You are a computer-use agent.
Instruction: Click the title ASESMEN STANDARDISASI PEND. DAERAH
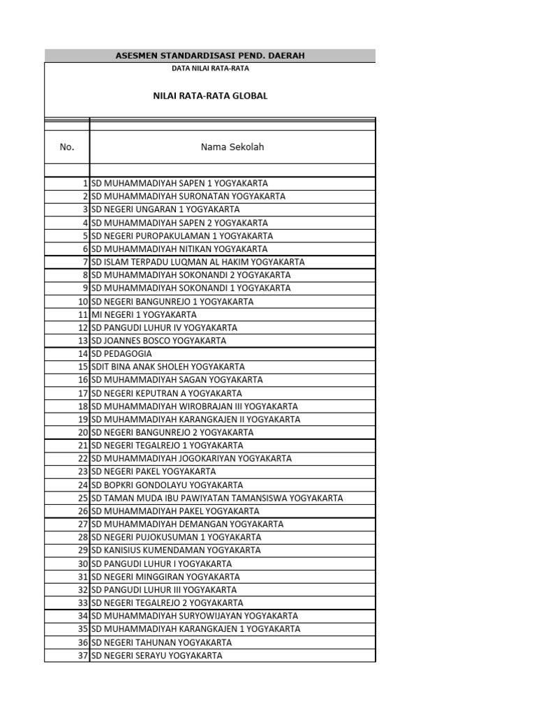[209, 55]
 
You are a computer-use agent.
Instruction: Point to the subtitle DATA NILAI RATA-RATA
[210, 68]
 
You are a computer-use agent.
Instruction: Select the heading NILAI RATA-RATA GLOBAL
[210, 96]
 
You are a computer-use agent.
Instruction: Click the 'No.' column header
[67, 147]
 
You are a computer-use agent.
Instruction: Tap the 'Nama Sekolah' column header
[232, 147]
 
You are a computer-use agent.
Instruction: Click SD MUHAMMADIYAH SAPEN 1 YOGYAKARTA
[179, 184]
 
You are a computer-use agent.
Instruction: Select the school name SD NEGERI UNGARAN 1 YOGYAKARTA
[165, 209]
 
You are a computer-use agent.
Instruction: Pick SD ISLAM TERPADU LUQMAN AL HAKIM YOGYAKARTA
[198, 262]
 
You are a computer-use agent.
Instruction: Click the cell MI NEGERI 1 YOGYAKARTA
[144, 315]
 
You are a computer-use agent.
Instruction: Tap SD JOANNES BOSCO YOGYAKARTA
[158, 341]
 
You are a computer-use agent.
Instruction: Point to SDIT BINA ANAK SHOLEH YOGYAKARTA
[167, 367]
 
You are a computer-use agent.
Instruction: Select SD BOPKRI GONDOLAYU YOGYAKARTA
[167, 485]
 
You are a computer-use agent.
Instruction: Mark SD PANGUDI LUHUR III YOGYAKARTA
[164, 590]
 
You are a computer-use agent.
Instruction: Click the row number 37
[82, 656]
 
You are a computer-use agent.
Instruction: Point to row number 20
[82, 432]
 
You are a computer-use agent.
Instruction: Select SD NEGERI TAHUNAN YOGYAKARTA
[162, 642]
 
